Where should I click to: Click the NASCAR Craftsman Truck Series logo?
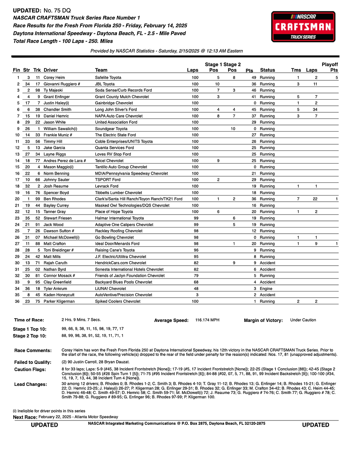click(303, 26)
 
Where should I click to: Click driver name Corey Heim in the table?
click(54, 78)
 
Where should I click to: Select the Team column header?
click(101, 70)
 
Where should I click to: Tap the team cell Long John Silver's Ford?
click(116, 110)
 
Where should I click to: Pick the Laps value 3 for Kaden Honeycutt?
click(197, 295)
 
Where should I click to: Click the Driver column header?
click(51, 70)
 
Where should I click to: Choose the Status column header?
click(267, 70)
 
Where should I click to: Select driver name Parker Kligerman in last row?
click(59, 301)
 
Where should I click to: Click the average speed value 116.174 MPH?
click(207, 320)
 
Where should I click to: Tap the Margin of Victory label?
click(263, 320)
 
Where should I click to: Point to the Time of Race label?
click(29, 320)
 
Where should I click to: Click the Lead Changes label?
click(30, 384)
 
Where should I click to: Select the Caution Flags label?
click(30, 369)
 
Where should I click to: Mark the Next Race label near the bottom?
click(25, 417)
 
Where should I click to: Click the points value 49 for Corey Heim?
click(254, 78)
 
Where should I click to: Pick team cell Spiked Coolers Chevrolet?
click(118, 301)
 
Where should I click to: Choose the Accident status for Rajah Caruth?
click(267, 263)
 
